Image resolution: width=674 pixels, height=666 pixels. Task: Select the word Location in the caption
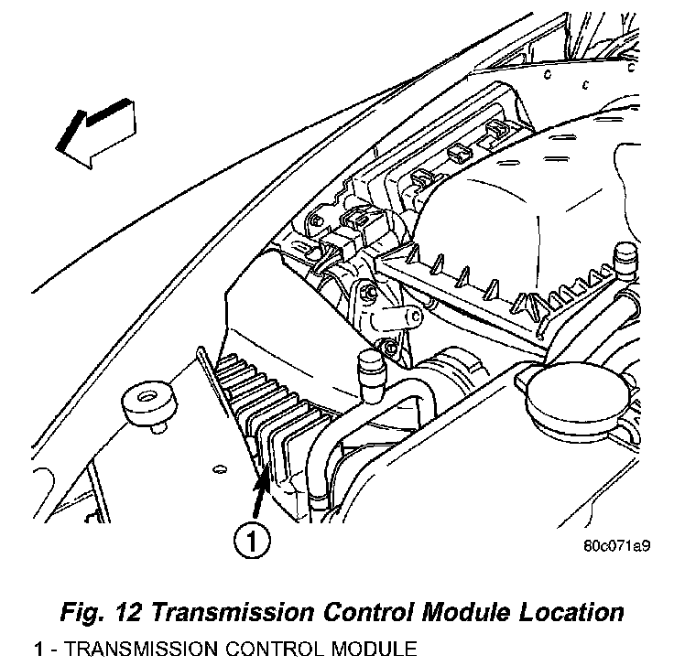pyautogui.click(x=564, y=612)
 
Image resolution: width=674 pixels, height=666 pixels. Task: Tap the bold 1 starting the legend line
pyautogui.click(x=38, y=650)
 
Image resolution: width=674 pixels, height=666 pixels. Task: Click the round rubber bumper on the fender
pyautogui.click(x=147, y=403)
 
